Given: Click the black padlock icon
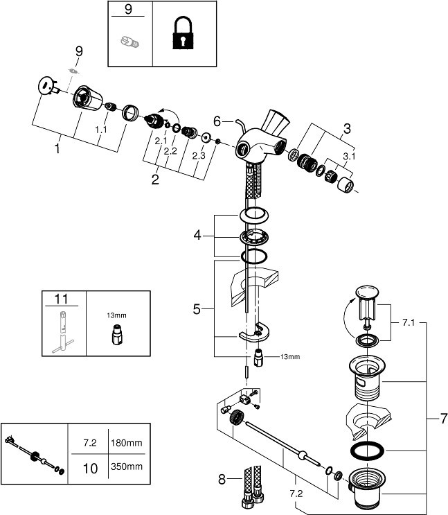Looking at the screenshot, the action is [x=183, y=34].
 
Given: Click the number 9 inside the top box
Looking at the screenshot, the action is [x=128, y=9].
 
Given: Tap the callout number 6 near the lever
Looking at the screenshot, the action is [x=217, y=121].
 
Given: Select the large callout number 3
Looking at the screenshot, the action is [x=347, y=129].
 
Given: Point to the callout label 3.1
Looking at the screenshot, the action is [x=349, y=157].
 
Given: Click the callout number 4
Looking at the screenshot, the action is [x=197, y=235].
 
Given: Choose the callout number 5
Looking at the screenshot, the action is [x=197, y=309].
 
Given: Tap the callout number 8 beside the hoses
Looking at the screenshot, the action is [x=222, y=480].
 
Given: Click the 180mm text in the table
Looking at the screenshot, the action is [x=127, y=443].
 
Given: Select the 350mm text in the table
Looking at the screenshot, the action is [x=127, y=466].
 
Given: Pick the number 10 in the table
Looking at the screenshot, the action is [x=90, y=468].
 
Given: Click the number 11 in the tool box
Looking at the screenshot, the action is [x=62, y=299].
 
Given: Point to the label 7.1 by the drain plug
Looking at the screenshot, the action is [x=409, y=322].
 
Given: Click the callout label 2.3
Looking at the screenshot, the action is [x=199, y=156].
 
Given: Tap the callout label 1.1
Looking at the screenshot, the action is [x=101, y=130].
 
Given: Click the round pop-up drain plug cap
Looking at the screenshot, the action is [x=367, y=292].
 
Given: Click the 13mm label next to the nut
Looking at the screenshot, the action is [x=290, y=357].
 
